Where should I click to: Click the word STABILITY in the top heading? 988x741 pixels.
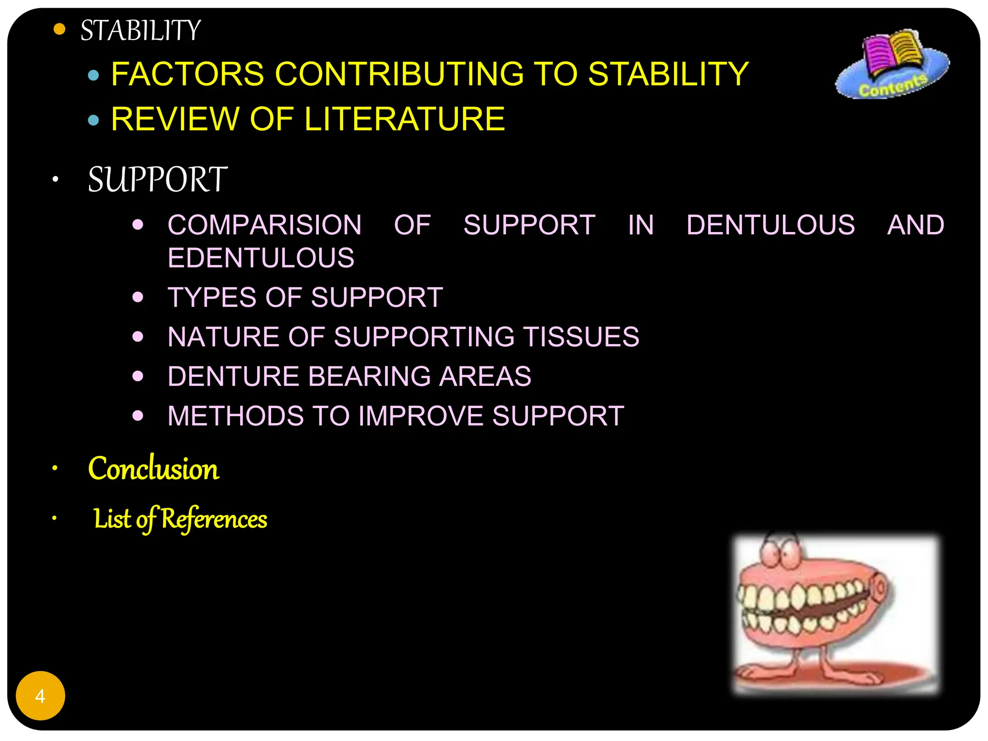tap(140, 30)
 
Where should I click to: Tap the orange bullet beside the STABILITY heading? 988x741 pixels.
tap(59, 29)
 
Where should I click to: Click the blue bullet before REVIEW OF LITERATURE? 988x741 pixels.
tap(94, 120)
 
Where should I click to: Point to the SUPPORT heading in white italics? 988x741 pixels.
tap(157, 179)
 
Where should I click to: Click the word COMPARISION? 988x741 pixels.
tap(264, 225)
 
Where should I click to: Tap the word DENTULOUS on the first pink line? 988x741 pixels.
tap(770, 225)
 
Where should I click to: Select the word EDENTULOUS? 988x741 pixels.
tap(261, 258)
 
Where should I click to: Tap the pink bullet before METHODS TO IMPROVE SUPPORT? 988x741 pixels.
tap(138, 415)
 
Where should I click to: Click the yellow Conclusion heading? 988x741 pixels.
tap(153, 469)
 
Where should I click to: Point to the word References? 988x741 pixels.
tap(214, 519)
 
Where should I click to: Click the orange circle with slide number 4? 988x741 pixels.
tap(41, 696)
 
